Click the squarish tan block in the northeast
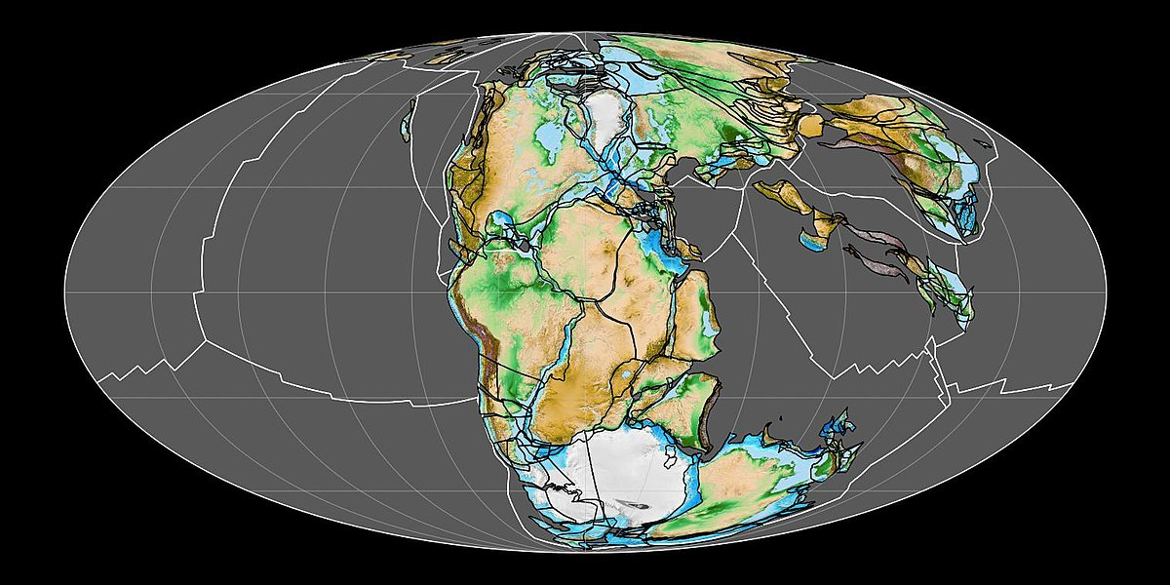click(x=809, y=125)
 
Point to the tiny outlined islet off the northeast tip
click(x=989, y=148)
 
